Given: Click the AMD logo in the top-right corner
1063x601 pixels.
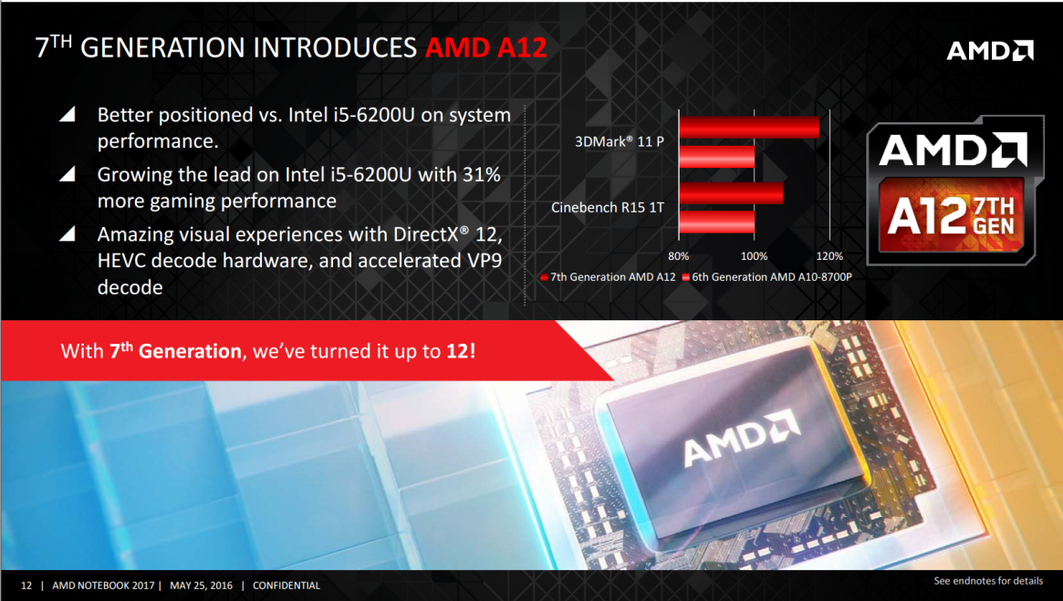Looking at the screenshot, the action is pos(990,51).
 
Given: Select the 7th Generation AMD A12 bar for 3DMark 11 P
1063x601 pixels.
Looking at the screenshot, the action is pos(749,128).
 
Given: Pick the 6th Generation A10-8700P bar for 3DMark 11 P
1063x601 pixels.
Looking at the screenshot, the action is pos(716,157).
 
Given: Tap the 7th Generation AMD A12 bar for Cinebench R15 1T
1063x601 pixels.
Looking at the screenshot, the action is pos(731,193).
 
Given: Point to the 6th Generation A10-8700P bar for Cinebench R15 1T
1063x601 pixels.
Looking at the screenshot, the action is pos(716,223).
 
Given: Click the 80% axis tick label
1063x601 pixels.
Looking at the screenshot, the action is pos(679,256).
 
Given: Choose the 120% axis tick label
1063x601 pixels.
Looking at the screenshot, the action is pos(829,256).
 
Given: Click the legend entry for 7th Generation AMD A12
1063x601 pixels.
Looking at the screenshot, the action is pos(608,277).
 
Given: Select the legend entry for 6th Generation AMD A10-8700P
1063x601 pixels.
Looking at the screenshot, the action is pos(766,277).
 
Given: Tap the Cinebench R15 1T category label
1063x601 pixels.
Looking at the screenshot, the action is pos(608,207).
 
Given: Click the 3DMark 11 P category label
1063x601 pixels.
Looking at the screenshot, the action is pos(619,141).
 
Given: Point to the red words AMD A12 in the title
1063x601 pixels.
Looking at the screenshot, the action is pos(486,48).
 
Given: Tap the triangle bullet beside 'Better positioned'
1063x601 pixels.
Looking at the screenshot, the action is pos(68,115).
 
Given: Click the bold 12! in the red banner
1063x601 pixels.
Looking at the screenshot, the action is pos(461,351).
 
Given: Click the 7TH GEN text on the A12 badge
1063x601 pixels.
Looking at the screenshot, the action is pos(994,216).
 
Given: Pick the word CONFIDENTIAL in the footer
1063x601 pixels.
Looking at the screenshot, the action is pos(287,585).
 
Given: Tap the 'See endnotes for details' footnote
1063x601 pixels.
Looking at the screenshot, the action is pos(988,581).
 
